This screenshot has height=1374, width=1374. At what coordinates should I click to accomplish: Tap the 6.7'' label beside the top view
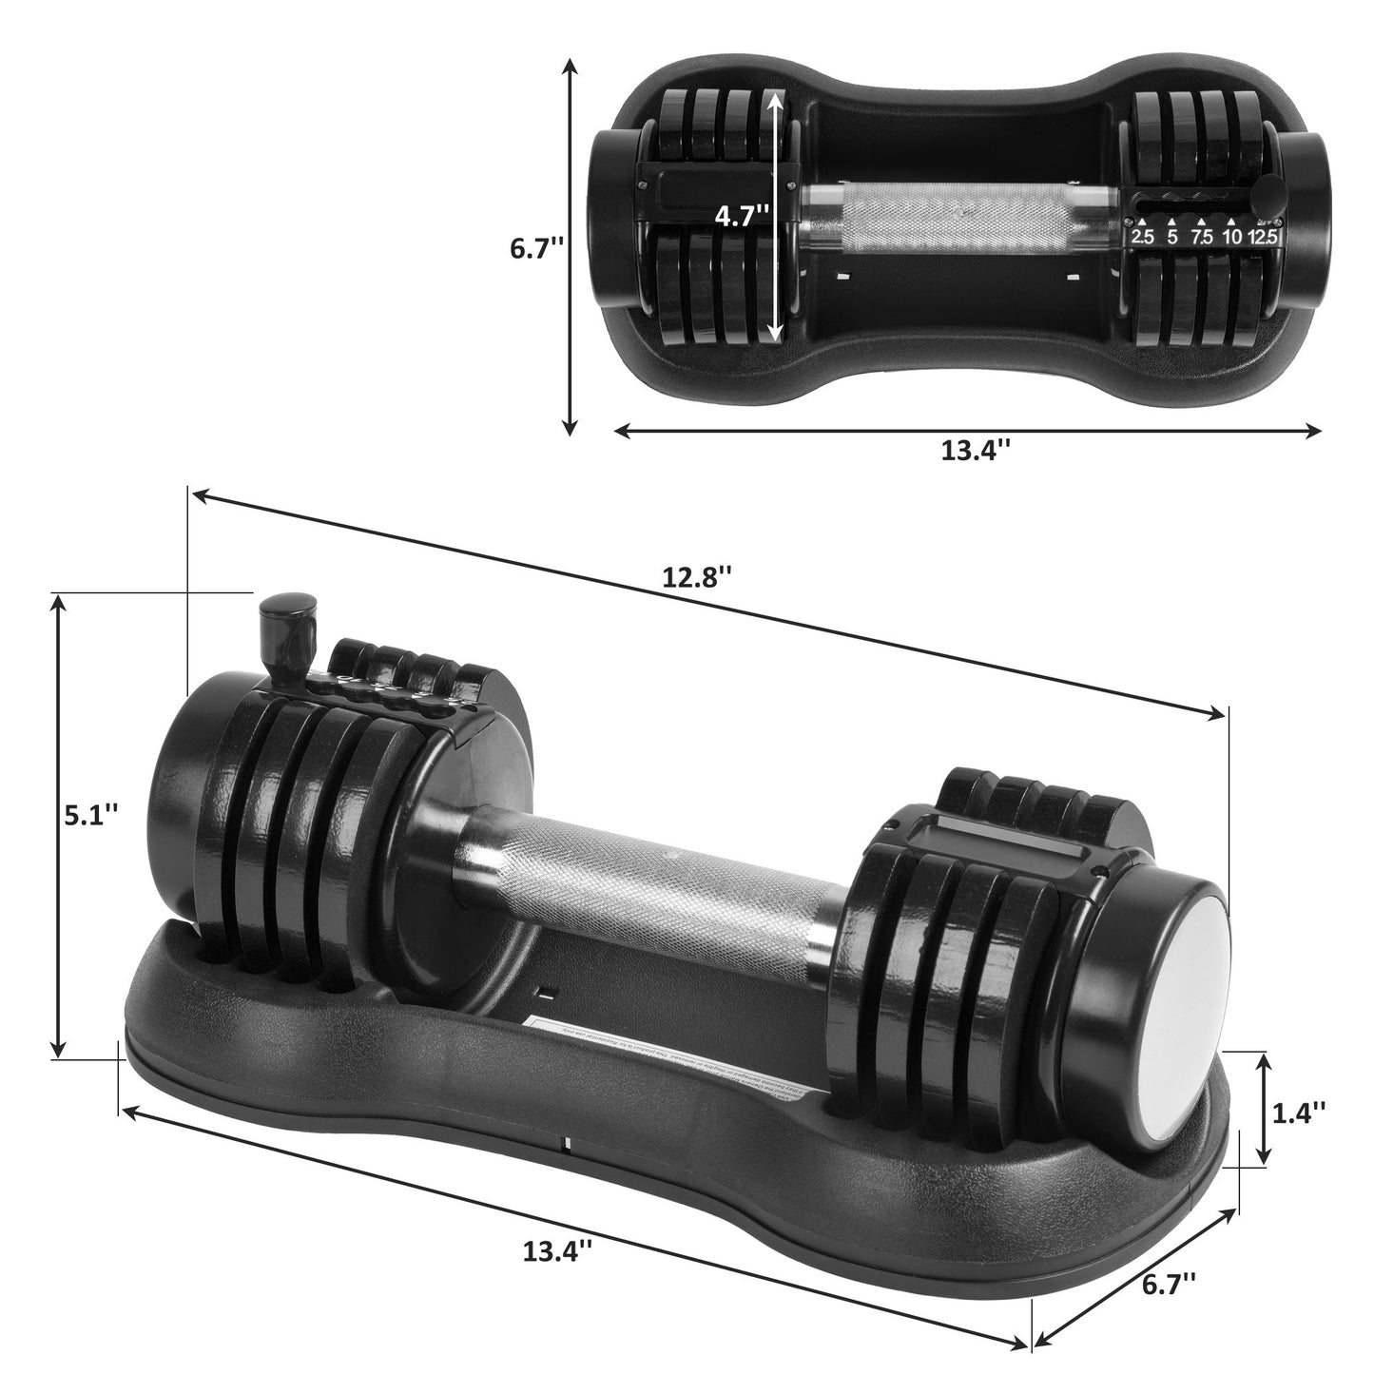[537, 249]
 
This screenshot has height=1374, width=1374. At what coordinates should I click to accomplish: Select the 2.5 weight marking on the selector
[1142, 237]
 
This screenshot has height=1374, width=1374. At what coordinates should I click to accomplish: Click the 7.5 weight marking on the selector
[1202, 237]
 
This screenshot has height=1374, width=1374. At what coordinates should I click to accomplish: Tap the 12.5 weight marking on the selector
[1266, 237]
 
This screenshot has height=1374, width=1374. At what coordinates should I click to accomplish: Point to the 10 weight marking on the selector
[1232, 237]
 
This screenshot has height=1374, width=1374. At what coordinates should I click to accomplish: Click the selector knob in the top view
[1268, 197]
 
